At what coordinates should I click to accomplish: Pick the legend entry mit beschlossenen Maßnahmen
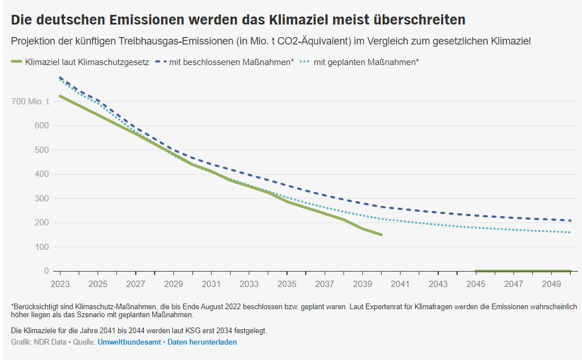click(231, 62)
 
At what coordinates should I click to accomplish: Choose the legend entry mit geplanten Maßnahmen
click(366, 62)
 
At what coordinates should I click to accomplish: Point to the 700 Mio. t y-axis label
click(30, 102)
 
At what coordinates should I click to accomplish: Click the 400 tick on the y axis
click(42, 174)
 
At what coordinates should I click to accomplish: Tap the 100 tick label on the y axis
click(42, 247)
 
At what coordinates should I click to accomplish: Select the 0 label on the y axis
click(46, 271)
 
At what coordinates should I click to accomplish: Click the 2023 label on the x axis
click(60, 284)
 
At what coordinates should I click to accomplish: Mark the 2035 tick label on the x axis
click(286, 284)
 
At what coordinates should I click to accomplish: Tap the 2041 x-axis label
click(400, 284)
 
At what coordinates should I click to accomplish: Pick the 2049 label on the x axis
click(551, 284)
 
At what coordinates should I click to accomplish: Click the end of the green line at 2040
click(381, 234)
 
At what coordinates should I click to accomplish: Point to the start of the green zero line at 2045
click(476, 271)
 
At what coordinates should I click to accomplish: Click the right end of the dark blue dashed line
click(570, 220)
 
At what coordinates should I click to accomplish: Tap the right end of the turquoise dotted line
click(569, 232)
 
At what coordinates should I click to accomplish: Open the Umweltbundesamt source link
click(130, 342)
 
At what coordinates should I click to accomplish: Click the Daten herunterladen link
click(202, 342)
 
